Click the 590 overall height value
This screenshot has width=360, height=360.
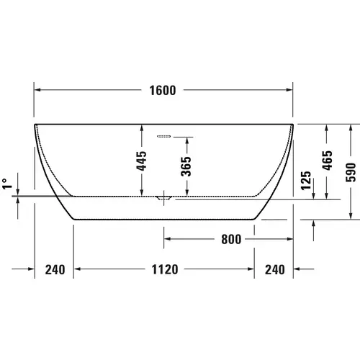coord(351,171)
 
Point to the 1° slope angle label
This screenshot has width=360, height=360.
coord(6,184)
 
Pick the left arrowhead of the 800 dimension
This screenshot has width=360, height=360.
coord(166,237)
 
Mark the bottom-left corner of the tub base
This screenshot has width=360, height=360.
coord(75,219)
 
